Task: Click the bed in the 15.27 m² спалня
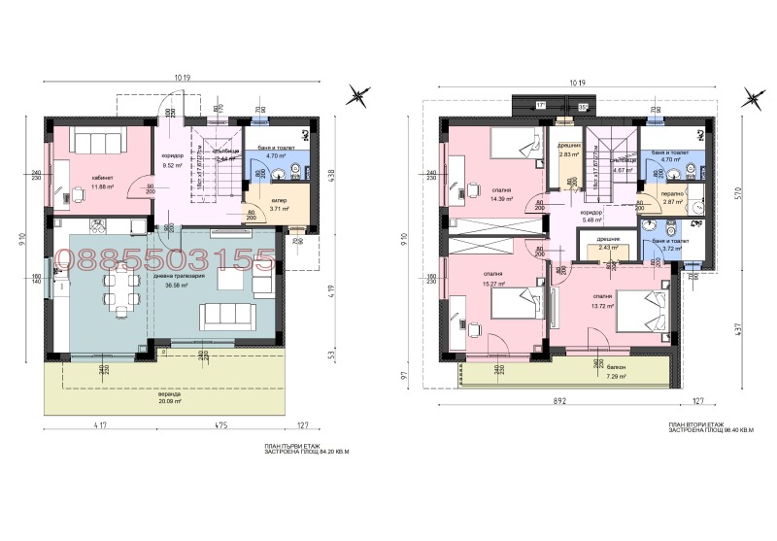[516, 308]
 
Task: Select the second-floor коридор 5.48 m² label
[591, 215]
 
